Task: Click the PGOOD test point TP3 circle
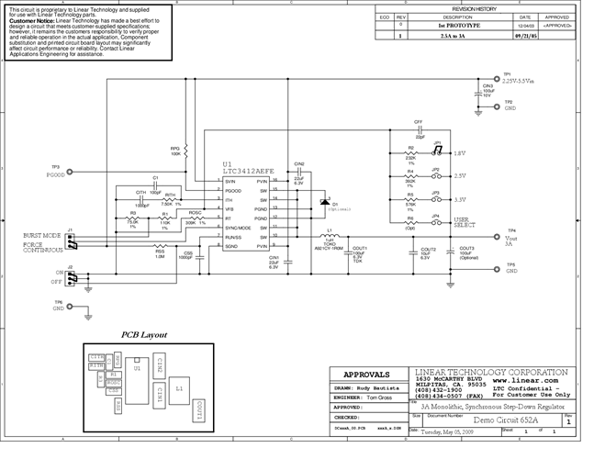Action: pos(71,171)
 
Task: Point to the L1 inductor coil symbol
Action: pos(330,231)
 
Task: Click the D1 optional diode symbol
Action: pos(323,202)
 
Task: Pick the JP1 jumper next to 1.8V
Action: pos(437,152)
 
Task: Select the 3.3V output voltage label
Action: pos(460,199)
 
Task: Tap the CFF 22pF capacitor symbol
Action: pos(418,129)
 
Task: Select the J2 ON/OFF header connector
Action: pos(71,275)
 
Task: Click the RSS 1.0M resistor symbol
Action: pos(160,248)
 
